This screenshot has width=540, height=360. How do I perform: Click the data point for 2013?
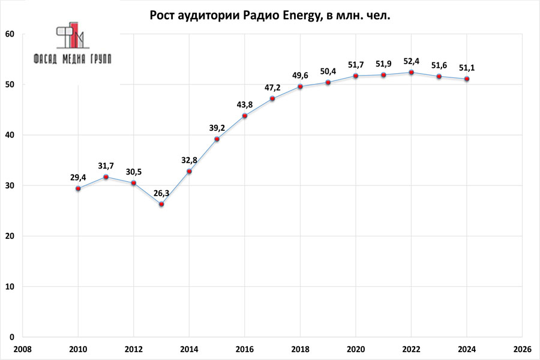click(x=161, y=204)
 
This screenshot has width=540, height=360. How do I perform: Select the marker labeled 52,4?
click(x=411, y=73)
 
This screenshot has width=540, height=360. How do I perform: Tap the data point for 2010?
click(x=78, y=188)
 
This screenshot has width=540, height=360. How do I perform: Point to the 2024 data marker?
click(x=467, y=79)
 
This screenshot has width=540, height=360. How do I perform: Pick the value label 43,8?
click(x=244, y=104)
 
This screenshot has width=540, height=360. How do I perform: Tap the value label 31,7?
click(x=106, y=165)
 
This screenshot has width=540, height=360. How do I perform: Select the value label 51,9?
click(x=383, y=64)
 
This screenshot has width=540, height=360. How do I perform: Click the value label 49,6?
click(x=300, y=76)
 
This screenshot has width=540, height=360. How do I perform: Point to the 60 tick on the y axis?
click(x=10, y=34)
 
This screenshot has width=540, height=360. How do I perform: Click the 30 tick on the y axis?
click(x=10, y=186)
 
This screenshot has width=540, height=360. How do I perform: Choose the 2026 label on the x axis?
click(x=522, y=349)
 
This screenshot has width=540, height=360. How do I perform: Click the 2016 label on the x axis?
click(x=244, y=349)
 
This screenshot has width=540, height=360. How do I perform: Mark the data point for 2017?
click(x=272, y=99)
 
